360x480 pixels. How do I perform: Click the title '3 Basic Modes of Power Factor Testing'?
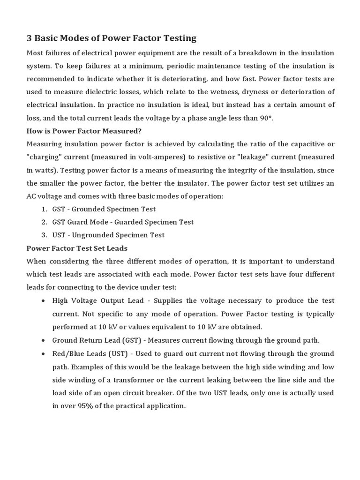pos(112,38)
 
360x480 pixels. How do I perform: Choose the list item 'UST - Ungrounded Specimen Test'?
pos(108,235)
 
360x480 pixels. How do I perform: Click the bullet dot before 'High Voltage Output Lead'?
pos(43,301)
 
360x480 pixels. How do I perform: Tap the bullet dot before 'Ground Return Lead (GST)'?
pos(43,340)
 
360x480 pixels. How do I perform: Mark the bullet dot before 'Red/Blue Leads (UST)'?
pos(43,353)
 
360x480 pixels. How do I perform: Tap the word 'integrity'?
pos(225,170)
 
